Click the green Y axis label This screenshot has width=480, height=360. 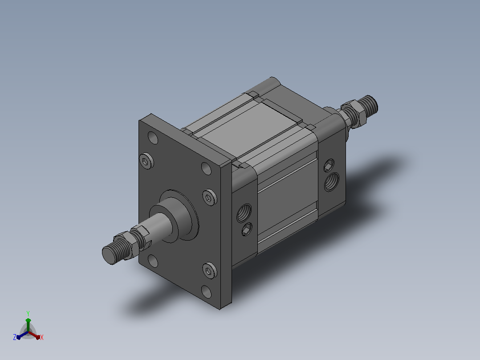click(x=28, y=313)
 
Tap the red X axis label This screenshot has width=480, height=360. click(x=42, y=337)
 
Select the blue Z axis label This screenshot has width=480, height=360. click(x=15, y=337)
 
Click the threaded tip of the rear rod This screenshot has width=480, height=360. click(x=368, y=106)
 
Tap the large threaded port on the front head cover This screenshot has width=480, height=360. click(x=244, y=213)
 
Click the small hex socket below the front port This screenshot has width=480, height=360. click(x=247, y=229)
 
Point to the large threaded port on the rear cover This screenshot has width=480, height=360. click(x=332, y=181)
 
